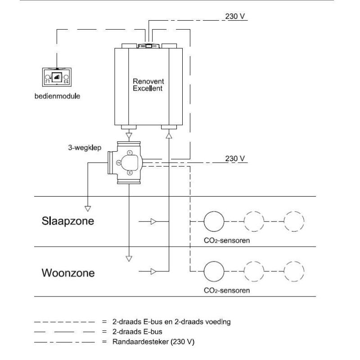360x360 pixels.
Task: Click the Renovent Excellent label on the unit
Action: pos(148,85)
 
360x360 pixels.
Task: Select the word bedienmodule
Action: pos(57,96)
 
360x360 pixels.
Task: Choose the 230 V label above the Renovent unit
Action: pos(235,17)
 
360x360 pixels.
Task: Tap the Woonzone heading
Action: pos(68,273)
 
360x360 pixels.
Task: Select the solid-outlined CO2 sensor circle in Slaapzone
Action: pos(214,221)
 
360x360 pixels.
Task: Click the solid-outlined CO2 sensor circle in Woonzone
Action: pos(214,271)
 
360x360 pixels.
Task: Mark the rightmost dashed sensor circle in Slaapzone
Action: pos(295,221)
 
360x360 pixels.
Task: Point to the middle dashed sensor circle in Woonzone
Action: pos(254,271)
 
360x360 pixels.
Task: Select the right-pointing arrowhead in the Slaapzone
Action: pos(153,221)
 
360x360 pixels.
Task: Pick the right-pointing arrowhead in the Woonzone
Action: pos(153,271)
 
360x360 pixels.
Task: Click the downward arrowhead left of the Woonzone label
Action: pos(129,259)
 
